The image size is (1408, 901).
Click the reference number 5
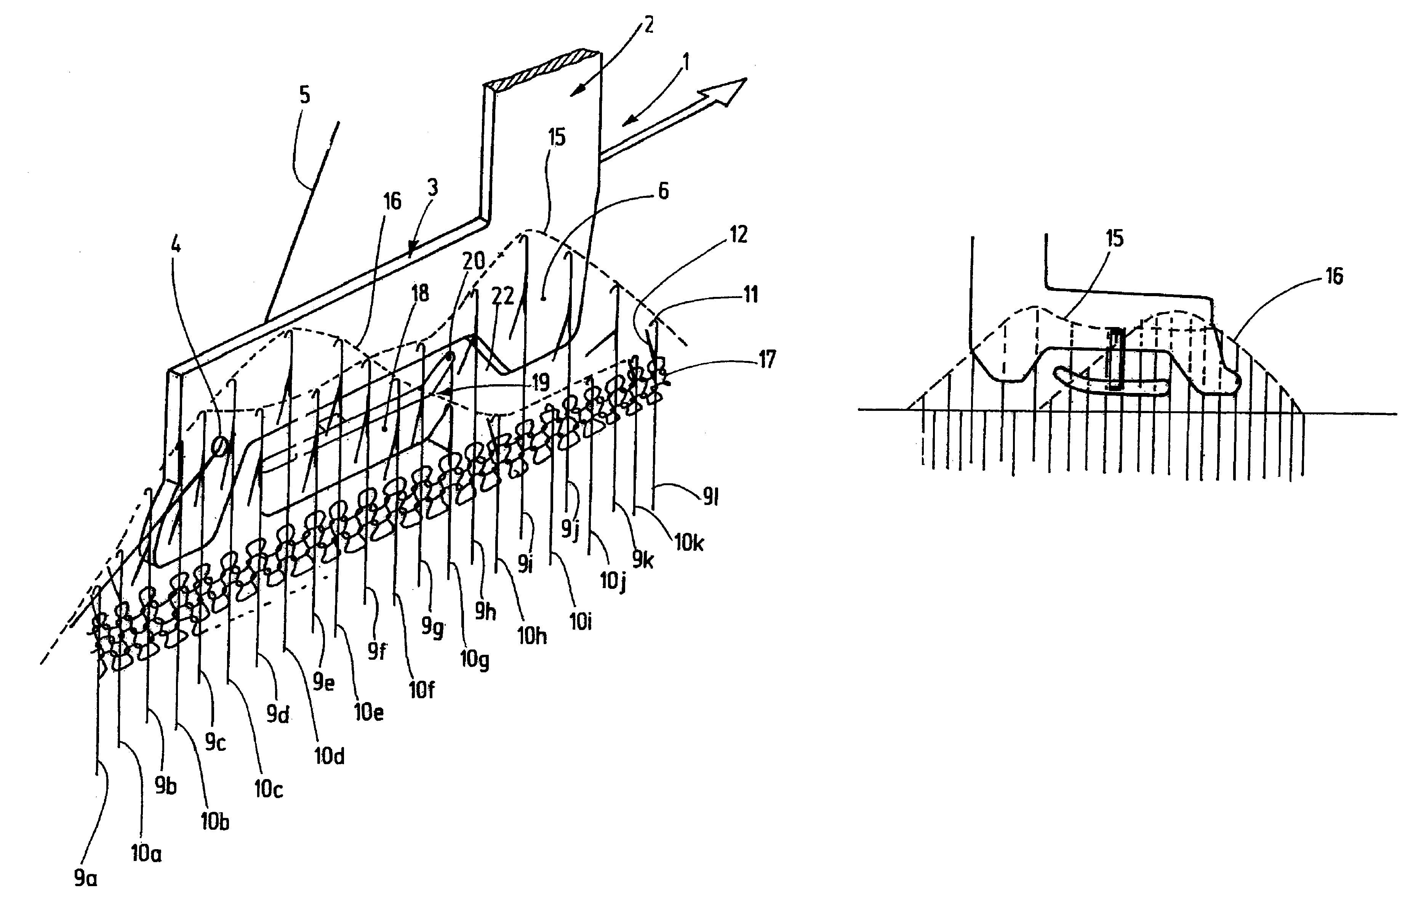(x=305, y=95)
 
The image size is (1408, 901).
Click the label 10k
(x=689, y=542)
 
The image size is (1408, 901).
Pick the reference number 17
(x=767, y=359)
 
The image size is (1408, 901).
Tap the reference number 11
(x=750, y=294)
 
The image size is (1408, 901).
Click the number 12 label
(x=739, y=235)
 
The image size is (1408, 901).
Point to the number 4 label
(x=175, y=244)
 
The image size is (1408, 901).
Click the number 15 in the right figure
(x=1114, y=239)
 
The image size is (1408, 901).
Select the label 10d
(x=329, y=756)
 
